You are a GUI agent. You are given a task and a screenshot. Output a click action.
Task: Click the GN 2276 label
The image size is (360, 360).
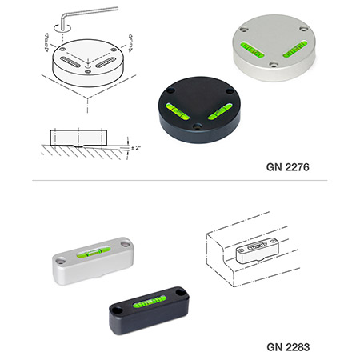pos(288,167)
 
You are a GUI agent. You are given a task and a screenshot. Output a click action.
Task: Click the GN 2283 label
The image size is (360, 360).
pos(288,347)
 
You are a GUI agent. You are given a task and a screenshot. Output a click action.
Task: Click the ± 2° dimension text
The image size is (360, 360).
pos(136,148)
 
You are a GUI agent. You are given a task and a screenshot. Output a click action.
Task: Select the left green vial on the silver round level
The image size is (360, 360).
pos(252,50)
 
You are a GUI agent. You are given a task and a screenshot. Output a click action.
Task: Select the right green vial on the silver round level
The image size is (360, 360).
pos(295,50)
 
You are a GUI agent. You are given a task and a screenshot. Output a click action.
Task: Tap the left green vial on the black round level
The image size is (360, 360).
pos(178,111)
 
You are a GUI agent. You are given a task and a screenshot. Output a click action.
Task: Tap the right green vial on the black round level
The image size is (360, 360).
pos(220,111)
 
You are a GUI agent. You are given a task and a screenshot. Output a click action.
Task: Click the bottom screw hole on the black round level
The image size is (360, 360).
pos(198,126)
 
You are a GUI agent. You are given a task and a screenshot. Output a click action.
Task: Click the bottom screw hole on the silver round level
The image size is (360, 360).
pos(274,65)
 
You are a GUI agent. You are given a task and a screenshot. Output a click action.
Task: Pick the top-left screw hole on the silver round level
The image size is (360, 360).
pos(243,30)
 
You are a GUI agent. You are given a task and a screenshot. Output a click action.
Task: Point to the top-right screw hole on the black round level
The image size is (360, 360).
pos(230,91)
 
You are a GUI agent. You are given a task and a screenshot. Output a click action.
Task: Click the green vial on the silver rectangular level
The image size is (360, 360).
pos(94,252)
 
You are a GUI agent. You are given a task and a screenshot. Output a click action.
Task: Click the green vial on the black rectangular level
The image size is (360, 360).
pos(150,302)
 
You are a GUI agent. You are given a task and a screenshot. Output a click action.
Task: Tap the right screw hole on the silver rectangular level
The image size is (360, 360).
pos(125,244)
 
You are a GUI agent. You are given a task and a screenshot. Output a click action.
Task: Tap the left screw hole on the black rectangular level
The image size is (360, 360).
pos(117,310)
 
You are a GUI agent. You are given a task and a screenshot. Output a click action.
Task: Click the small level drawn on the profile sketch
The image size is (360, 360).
pos(258,250)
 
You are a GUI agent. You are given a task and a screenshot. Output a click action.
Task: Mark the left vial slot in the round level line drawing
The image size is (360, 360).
pos(70,62)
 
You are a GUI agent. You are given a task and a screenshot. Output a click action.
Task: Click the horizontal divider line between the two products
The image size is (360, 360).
pos(180,181)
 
